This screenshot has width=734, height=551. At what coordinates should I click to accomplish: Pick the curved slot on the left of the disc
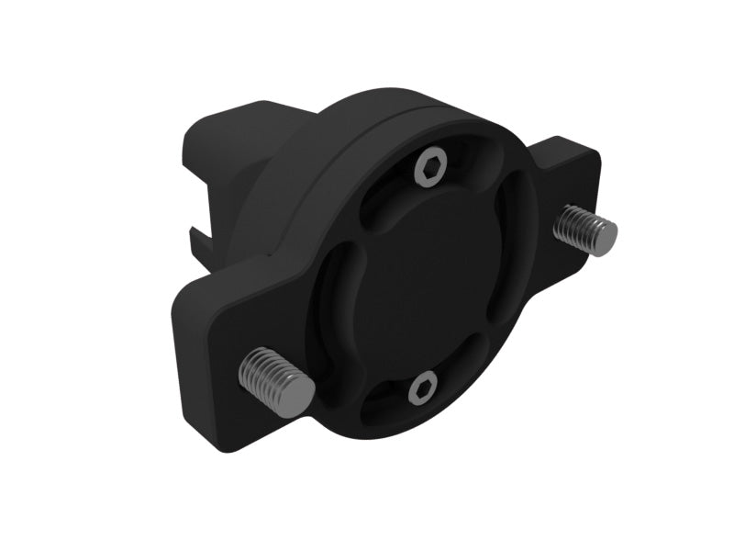click(342, 294)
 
